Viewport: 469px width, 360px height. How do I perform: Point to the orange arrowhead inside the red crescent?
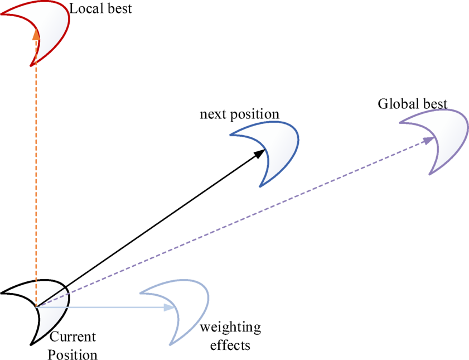[36, 35]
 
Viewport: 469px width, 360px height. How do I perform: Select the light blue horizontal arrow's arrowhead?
[170, 306]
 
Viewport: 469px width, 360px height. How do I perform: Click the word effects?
[230, 345]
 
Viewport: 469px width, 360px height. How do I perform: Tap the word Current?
[73, 338]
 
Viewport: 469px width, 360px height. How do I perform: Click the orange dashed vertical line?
[36, 167]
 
